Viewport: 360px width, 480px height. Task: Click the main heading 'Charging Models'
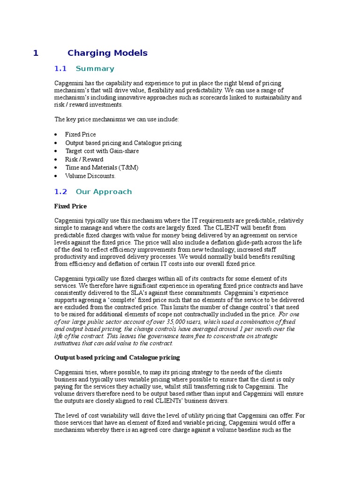[x=107, y=53]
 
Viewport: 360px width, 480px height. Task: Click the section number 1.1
[x=61, y=69]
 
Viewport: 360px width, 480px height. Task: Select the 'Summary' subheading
[x=95, y=69]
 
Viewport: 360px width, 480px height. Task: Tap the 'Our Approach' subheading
[x=104, y=192]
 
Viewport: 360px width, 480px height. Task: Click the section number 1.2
[x=61, y=192]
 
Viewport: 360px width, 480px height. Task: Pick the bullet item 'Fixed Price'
[x=81, y=135]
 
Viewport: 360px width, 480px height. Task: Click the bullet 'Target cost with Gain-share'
[x=102, y=151]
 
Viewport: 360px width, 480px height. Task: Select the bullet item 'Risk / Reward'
[x=84, y=159]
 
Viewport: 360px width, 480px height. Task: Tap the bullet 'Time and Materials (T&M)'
[x=102, y=167]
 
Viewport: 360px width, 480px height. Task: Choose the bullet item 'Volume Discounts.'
[x=90, y=176]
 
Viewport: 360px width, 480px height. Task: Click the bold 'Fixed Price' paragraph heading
[x=70, y=206]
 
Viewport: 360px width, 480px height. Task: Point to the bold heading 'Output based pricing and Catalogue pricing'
[x=117, y=357]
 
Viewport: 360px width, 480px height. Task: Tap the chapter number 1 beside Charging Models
[x=36, y=53]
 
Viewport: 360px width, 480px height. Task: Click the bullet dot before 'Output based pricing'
[x=56, y=143]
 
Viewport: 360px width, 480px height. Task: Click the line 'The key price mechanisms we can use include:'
[x=117, y=120]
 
